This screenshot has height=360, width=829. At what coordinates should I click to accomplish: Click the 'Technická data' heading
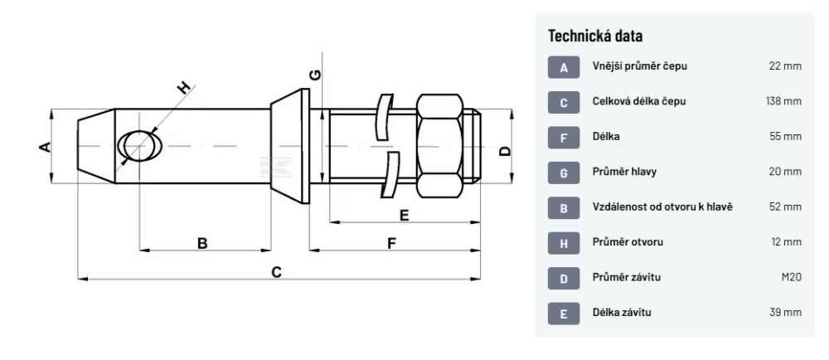point(596,36)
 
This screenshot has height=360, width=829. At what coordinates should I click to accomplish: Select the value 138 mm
point(783,101)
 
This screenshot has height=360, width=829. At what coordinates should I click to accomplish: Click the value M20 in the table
point(791,277)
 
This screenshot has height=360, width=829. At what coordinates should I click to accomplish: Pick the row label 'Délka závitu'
point(622,313)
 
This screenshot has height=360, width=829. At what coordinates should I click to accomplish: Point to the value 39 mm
point(786,313)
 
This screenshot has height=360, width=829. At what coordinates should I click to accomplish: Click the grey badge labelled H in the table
point(564,243)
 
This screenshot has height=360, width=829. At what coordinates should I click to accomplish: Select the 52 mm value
point(786,207)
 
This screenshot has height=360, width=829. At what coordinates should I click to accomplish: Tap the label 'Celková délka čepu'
point(639,101)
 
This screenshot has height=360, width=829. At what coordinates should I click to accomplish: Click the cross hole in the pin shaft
point(138,145)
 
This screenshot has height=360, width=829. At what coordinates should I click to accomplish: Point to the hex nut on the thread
point(439,146)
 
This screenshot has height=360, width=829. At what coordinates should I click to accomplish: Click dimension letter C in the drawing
point(277,271)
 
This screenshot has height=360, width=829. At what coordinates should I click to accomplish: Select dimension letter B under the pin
point(202,242)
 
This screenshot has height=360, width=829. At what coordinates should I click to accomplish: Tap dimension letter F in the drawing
point(391,242)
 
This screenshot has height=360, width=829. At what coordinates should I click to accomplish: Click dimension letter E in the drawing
point(404,216)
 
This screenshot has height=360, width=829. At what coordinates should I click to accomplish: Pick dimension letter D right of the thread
point(505,150)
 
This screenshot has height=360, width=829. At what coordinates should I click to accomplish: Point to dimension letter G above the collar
point(315,75)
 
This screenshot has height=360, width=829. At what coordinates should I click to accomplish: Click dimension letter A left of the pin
point(46,147)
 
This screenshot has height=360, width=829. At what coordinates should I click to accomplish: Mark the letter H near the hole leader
point(184,87)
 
